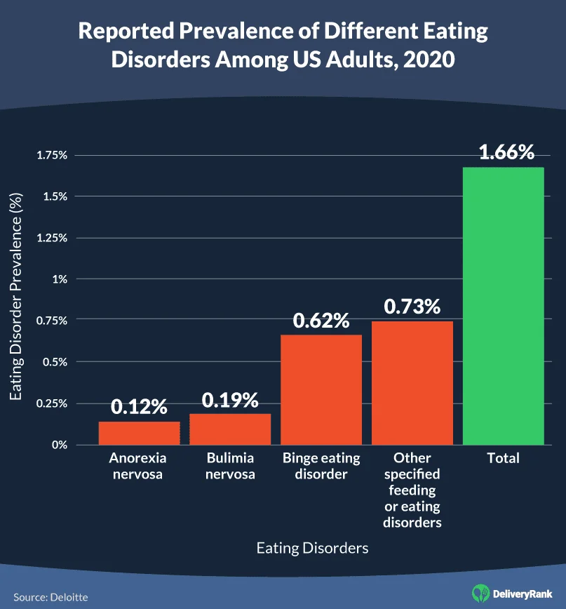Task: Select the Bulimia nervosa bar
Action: click(230, 429)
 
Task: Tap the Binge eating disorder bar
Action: click(321, 389)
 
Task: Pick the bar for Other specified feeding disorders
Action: click(412, 382)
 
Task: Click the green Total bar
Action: click(504, 305)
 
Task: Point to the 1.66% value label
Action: click(506, 152)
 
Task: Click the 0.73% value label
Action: click(412, 307)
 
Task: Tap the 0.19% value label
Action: click(230, 400)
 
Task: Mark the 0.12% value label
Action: click(139, 406)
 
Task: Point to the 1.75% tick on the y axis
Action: click(53, 155)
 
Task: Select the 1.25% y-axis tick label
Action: click(53, 238)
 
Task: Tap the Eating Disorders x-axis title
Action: click(312, 548)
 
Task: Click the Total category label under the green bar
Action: click(504, 458)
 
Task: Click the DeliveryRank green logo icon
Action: click(480, 593)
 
